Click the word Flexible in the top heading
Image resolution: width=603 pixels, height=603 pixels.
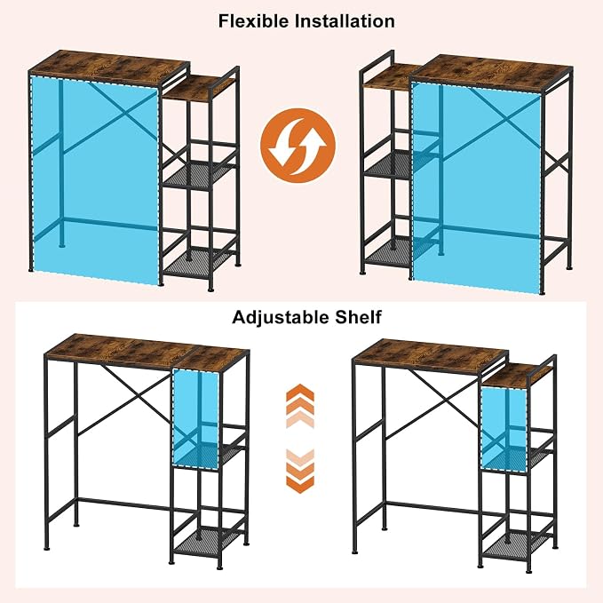coord(253,20)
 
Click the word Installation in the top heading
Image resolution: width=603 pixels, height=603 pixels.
coord(345,20)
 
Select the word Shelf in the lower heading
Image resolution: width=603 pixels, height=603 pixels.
coord(358,317)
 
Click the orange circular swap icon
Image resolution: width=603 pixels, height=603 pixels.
coord(298,146)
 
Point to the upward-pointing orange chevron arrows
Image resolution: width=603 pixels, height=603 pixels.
coord(300,405)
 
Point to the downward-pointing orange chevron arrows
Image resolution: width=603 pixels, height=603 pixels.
coord(300,472)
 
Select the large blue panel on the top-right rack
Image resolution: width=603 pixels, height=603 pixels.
coord(476,187)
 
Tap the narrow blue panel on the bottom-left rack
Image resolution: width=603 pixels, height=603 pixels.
coord(195,419)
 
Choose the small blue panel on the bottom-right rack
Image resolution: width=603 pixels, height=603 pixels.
coord(504,429)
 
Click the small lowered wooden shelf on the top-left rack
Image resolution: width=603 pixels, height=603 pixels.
coord(199,88)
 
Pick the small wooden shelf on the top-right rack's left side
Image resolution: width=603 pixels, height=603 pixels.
coord(389,76)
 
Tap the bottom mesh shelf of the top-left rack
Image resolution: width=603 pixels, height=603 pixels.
coord(200,262)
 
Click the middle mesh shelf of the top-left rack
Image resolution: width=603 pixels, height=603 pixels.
coord(200,175)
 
